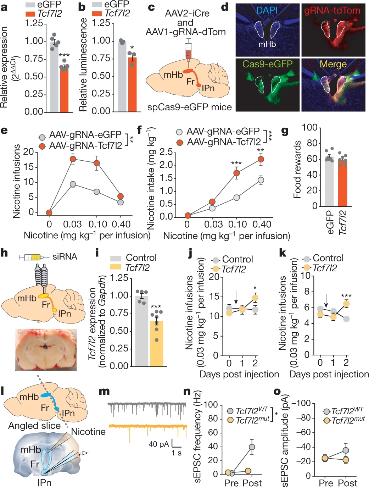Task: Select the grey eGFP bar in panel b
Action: [122, 76]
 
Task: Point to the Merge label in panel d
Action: [333, 64]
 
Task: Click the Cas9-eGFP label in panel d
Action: [267, 64]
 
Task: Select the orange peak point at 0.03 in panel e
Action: [73, 159]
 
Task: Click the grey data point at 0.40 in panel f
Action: [261, 180]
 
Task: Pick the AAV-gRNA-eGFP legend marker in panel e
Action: [43, 137]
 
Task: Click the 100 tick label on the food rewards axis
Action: [309, 127]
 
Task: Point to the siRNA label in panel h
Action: [65, 257]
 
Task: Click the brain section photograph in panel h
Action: [46, 350]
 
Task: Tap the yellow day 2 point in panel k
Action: [346, 304]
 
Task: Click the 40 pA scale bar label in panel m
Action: [158, 444]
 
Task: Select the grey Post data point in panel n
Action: [252, 447]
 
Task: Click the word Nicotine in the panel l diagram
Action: [89, 432]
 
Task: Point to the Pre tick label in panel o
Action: [326, 483]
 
